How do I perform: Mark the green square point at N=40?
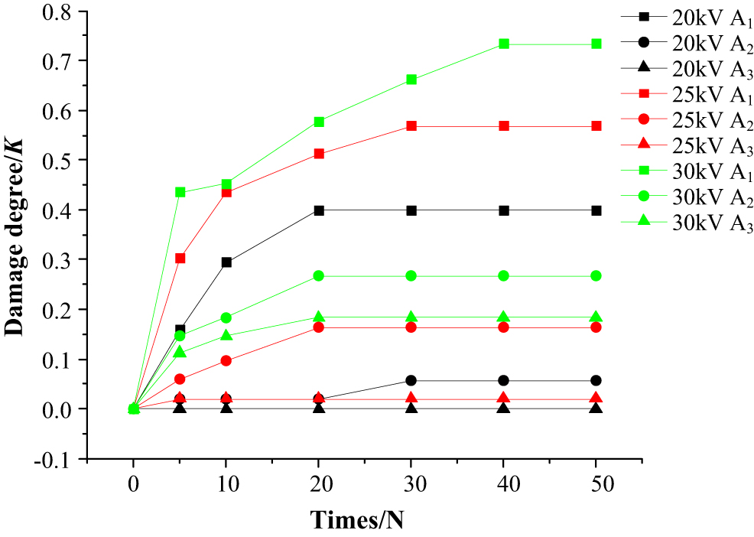[504, 44]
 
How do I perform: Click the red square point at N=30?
[411, 125]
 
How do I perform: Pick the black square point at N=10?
[226, 262]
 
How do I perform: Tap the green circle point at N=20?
[319, 275]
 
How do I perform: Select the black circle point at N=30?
[411, 380]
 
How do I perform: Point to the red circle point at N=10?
[226, 360]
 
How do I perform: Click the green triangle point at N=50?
[596, 317]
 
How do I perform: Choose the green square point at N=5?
[180, 192]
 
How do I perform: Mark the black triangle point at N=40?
[504, 408]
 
